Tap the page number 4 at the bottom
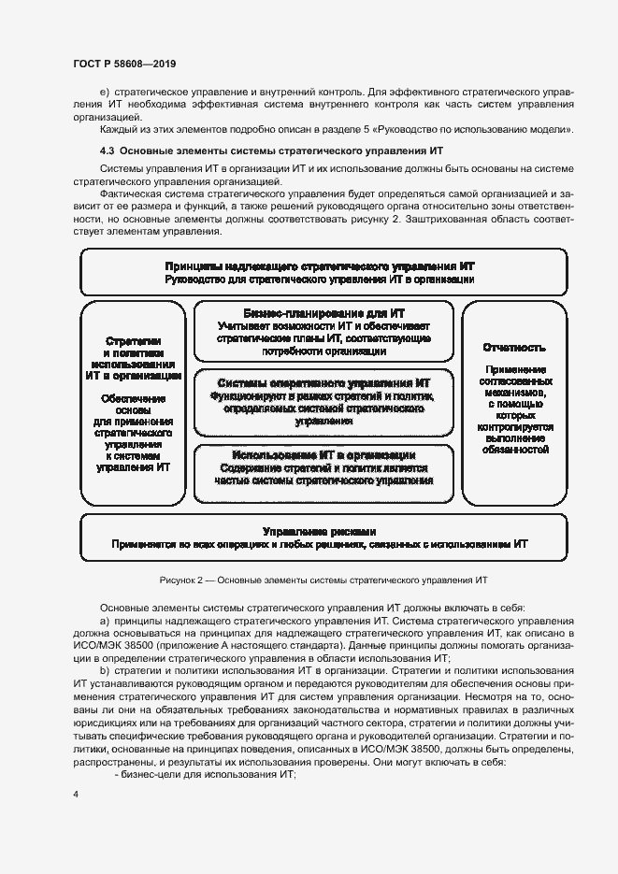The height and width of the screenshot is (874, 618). click(76, 794)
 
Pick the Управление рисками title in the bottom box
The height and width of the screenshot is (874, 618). click(320, 530)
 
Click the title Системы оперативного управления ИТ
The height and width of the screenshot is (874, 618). click(323, 383)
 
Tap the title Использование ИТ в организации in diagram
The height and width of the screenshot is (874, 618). click(323, 455)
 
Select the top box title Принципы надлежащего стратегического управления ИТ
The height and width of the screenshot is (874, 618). click(323, 265)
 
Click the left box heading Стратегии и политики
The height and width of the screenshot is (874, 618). click(134, 348)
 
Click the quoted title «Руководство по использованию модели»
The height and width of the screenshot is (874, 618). click(496, 129)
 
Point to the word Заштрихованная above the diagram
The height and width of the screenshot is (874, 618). click(445, 219)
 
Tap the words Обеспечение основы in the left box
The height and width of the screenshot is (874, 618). click(134, 405)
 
